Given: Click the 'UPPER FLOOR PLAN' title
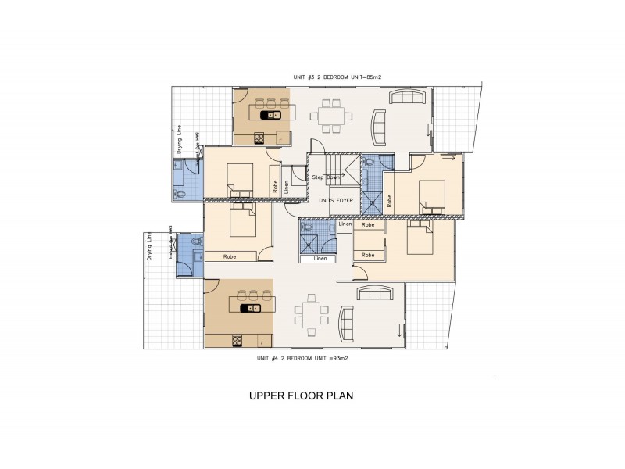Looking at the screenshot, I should tap(301, 396).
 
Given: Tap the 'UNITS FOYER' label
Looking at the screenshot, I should tap(336, 201).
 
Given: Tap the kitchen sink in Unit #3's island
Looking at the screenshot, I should tap(274, 115).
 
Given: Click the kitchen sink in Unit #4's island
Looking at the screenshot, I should tap(255, 309).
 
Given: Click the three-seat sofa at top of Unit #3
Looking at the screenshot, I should tap(407, 97).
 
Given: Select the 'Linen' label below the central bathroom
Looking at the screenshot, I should tap(320, 259).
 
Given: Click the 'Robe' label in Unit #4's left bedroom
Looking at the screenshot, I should tap(230, 256).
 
